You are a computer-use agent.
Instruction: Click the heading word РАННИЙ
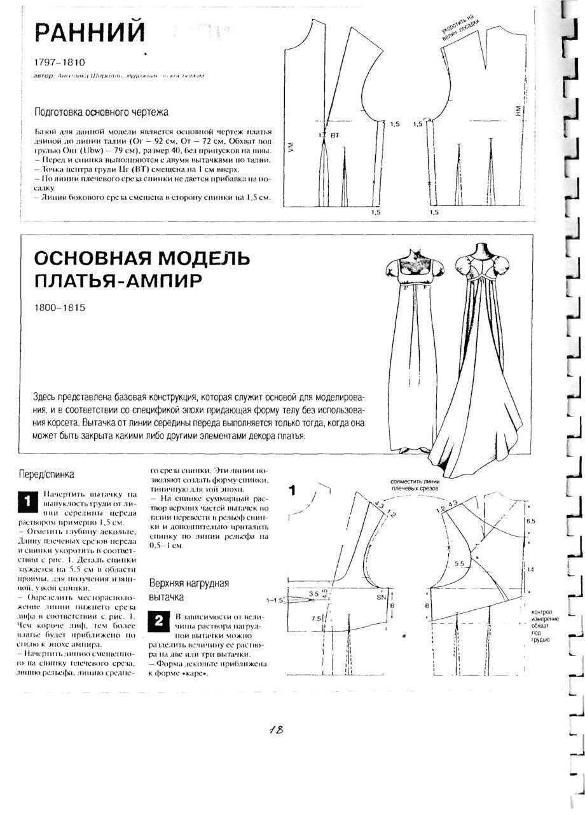(90, 32)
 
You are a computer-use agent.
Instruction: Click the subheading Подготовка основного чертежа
(102, 113)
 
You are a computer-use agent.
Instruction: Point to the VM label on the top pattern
(290, 150)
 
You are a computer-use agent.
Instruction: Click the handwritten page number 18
(275, 729)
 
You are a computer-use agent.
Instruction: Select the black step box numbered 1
(27, 501)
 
